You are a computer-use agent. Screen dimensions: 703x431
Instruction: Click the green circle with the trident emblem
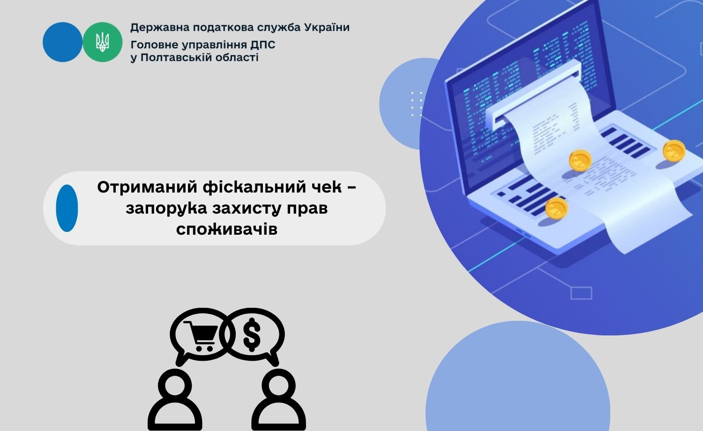pos(102,42)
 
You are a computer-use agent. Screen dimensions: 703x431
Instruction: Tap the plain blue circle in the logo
pos(62,42)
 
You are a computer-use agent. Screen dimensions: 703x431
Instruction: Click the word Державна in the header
pos(160,28)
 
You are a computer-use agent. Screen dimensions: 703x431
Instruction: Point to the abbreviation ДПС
pos(262,45)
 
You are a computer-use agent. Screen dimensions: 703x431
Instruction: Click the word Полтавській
pos(178,58)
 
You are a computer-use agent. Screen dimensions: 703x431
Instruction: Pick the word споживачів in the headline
pos(226,229)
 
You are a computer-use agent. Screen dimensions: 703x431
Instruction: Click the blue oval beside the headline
pos(67,208)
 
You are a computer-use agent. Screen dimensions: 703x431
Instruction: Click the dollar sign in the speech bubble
pos(252,334)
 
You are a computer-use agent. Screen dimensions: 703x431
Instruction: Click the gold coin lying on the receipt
pos(580,160)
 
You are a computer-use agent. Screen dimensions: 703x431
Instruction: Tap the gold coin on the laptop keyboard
pos(556,208)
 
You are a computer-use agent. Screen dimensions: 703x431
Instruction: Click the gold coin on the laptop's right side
pos(674,151)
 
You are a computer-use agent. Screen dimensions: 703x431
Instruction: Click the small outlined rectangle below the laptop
pos(581,293)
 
